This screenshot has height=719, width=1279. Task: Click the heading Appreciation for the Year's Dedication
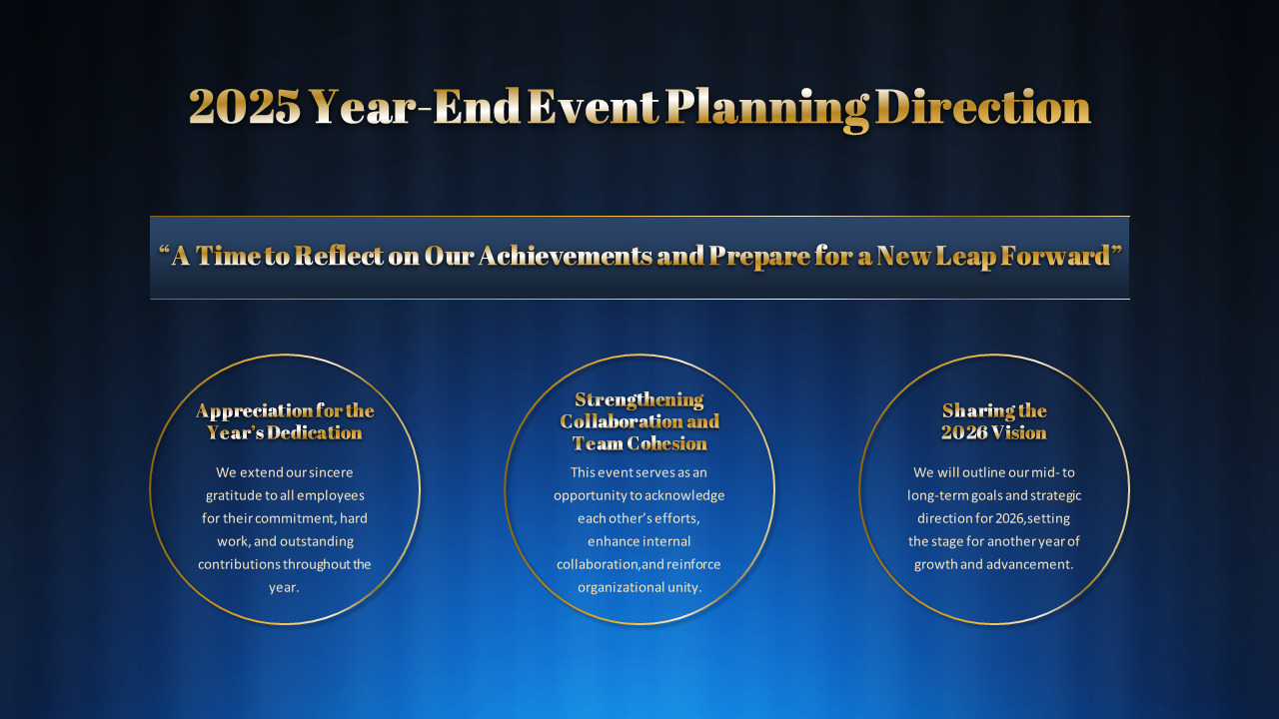[285, 421]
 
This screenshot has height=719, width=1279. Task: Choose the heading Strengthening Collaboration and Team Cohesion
[639, 421]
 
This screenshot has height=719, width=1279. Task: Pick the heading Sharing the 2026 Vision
[994, 421]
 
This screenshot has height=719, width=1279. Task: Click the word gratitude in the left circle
[236, 495]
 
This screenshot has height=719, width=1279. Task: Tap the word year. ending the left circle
[285, 587]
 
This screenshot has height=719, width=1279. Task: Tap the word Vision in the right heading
[1019, 432]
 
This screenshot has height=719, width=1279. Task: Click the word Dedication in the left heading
[315, 432]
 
